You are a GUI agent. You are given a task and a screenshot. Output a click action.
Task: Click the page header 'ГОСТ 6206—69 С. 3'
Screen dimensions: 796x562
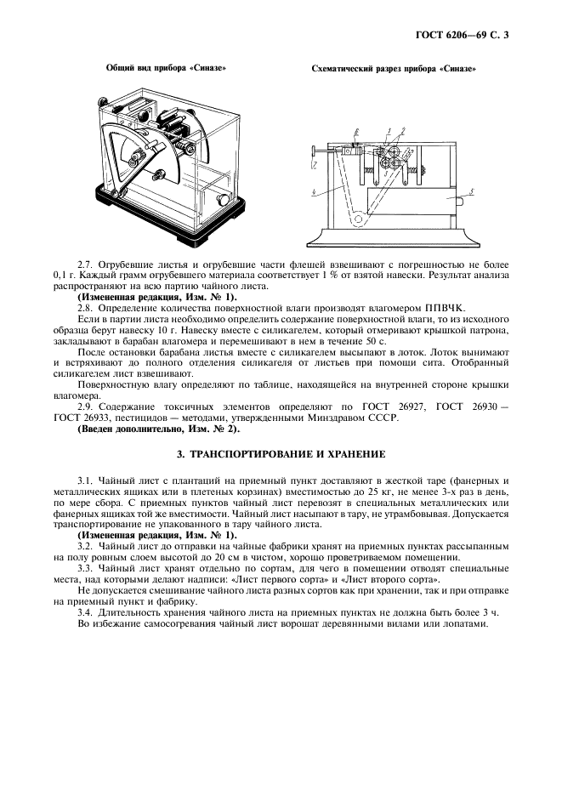pyautogui.click(x=467, y=35)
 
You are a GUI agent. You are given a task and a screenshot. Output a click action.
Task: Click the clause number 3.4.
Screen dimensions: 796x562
pyautogui.click(x=87, y=611)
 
